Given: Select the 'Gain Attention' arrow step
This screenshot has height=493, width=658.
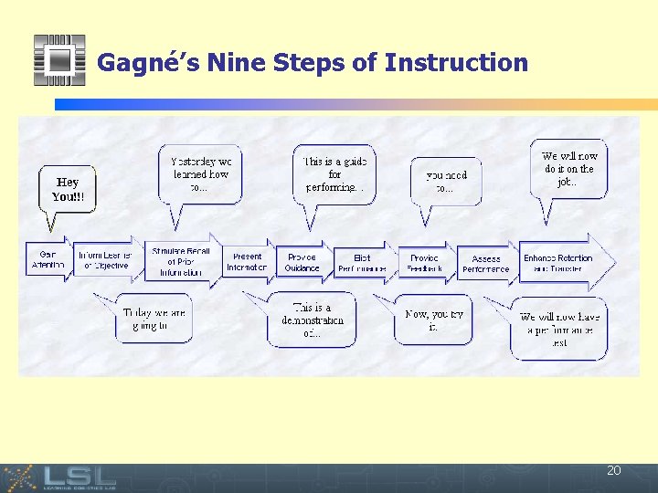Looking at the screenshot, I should tap(48, 260).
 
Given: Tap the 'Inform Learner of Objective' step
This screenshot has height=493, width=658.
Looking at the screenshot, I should tap(104, 260).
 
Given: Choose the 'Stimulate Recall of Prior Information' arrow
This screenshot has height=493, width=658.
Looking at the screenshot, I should tap(181, 261).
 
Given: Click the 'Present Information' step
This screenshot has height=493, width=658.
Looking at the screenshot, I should tap(248, 262).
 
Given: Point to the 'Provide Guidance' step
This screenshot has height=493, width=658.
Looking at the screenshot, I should tap(302, 263).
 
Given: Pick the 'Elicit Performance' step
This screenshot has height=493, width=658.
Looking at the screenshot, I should tap(362, 264).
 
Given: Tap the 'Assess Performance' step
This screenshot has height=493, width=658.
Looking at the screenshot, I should tap(485, 264).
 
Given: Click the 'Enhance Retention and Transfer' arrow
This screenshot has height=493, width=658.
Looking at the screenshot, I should tap(559, 264).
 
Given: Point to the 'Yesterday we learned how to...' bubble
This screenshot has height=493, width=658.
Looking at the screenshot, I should tap(200, 173).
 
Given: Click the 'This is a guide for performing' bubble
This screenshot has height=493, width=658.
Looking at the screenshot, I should tap(334, 173).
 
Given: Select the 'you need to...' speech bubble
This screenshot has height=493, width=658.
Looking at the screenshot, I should tap(446, 181).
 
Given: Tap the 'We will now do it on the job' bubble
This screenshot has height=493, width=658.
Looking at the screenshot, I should tap(568, 169).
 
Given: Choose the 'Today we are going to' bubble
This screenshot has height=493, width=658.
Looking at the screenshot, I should tap(154, 320).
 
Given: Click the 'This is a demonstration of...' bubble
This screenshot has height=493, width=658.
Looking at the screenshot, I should tap(312, 320).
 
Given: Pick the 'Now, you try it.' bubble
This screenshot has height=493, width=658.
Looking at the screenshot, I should tap(434, 320).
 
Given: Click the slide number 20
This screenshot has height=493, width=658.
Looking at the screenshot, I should tap(613, 470).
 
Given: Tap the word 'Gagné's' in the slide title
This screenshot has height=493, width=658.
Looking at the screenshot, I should tap(148, 63).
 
